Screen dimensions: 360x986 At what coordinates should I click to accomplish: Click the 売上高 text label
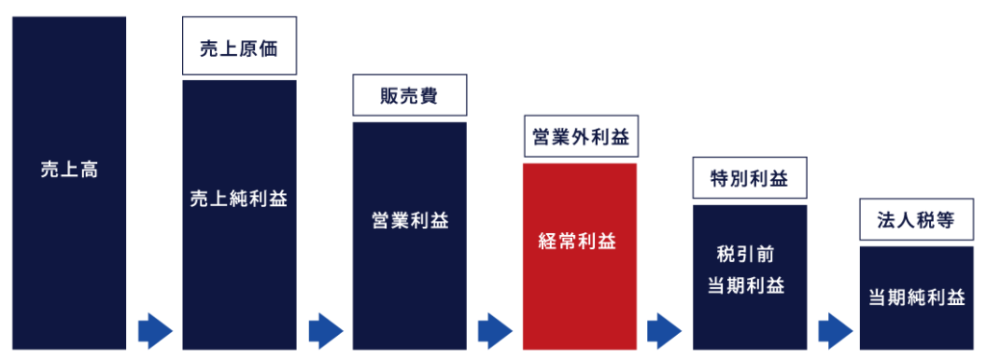(69, 170)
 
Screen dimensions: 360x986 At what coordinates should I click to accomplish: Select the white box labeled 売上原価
(239, 49)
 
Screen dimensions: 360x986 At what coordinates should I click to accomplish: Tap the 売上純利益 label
(239, 199)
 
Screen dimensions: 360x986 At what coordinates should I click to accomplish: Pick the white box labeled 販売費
(409, 95)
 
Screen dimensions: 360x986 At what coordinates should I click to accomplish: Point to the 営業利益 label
(409, 220)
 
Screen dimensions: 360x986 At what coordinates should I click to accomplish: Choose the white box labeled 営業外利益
(580, 138)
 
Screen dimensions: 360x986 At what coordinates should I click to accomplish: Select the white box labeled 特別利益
(749, 179)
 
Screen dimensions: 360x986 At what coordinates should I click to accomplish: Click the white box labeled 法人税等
(916, 219)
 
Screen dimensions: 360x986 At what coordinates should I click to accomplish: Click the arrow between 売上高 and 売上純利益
(154, 331)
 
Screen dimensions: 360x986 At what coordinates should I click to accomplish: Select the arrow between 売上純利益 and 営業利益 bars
(325, 331)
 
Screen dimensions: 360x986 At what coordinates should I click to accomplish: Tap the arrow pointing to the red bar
(495, 331)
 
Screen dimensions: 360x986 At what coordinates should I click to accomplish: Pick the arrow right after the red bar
(664, 331)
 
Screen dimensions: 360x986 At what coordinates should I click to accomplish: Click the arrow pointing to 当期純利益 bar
(835, 331)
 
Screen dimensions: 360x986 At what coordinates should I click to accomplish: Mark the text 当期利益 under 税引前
(749, 286)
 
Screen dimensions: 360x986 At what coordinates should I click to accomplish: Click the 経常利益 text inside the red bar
(580, 242)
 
